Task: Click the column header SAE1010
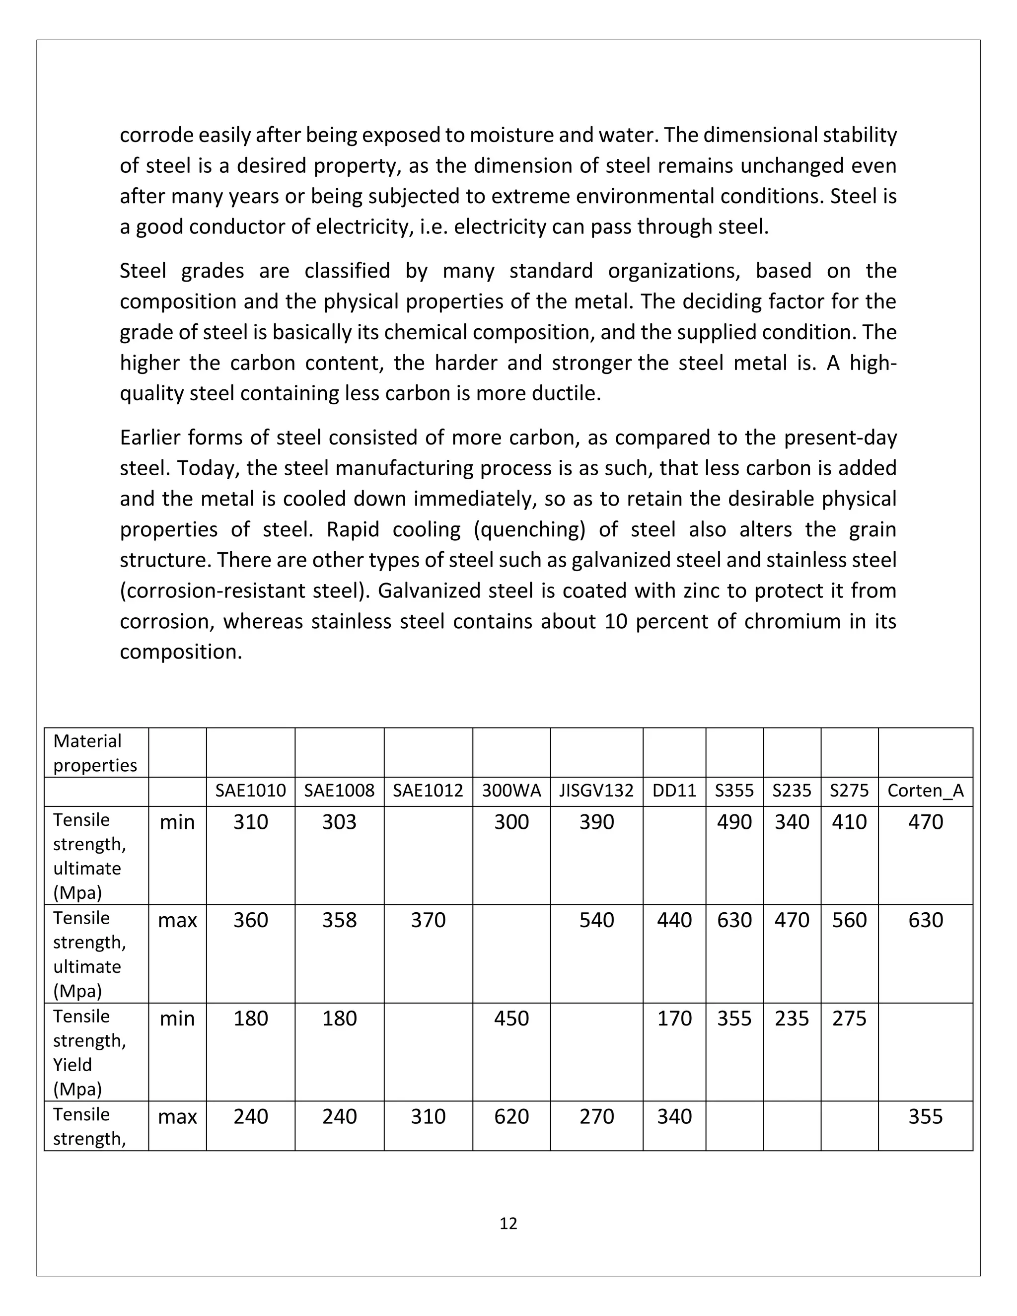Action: coord(251,791)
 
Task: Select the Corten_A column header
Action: coord(926,791)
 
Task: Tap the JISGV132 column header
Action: coord(596,791)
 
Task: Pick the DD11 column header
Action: coord(674,791)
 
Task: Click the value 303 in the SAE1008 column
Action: coord(339,822)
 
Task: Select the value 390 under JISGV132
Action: coord(596,822)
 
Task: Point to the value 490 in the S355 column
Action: coord(734,822)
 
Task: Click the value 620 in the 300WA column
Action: coord(511,1116)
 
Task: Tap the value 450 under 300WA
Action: coord(511,1019)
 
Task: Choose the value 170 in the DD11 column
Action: coord(674,1019)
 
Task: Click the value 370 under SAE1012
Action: coord(429,920)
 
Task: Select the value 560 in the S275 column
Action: coord(850,920)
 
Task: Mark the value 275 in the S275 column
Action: coord(850,1019)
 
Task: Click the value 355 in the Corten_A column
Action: coord(926,1116)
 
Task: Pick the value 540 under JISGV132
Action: coord(596,920)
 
